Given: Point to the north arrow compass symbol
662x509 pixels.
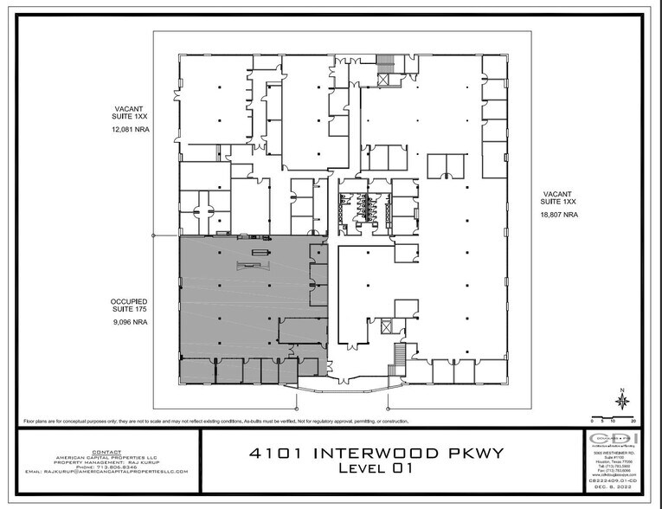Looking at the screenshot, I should pos(621,402).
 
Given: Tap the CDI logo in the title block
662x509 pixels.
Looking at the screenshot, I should pos(616,440).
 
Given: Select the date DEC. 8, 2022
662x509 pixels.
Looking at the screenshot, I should pos(616,498).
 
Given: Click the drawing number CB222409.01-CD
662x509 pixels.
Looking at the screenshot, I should pos(616,491).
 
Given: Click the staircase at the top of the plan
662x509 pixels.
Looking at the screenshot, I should pos(383,67).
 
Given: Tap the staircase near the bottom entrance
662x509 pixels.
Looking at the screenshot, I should pos(399,354).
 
